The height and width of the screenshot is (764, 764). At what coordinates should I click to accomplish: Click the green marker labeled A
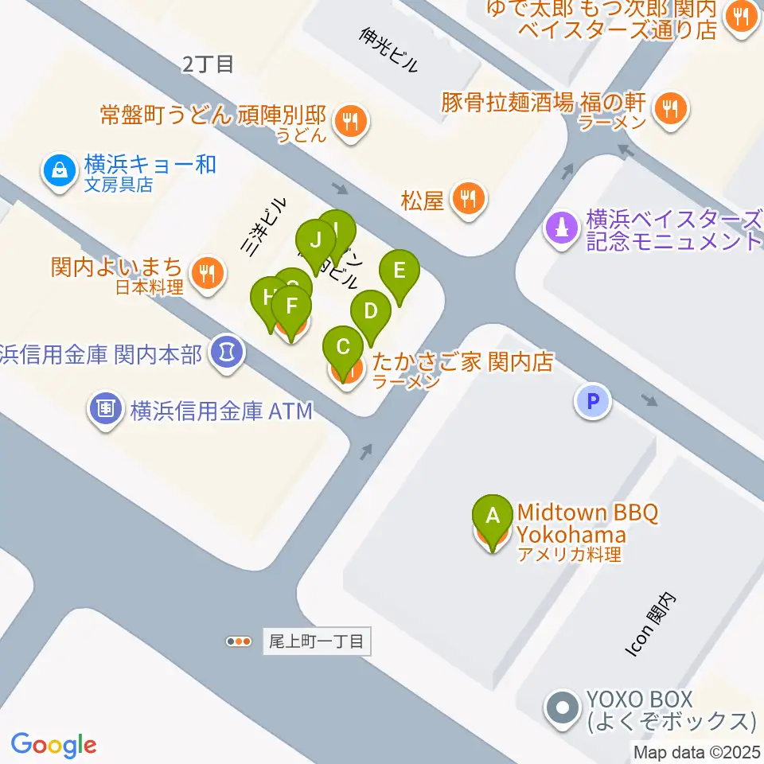[493, 515]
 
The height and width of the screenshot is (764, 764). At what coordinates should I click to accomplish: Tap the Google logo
[54, 745]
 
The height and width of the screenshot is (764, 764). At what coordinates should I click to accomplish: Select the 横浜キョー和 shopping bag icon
[60, 169]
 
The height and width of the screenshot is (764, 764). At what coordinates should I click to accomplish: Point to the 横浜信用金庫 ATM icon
[105, 411]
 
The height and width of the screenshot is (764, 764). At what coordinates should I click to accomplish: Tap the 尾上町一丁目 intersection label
[315, 641]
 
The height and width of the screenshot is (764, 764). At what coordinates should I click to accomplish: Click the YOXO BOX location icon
[563, 706]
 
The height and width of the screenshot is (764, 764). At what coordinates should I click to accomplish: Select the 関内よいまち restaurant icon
[209, 274]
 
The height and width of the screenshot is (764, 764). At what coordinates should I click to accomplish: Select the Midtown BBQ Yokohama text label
[587, 523]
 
